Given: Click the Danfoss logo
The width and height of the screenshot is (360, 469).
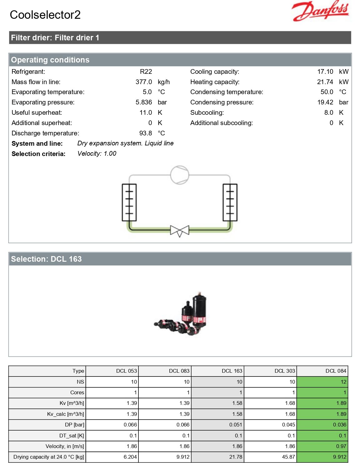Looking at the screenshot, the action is tap(320, 11).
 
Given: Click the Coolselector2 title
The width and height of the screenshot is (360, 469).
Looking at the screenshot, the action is tap(45, 15).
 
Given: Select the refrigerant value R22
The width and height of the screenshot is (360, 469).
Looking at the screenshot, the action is tap(146, 71).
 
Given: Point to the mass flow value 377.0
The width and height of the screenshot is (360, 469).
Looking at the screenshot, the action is tap(144, 82).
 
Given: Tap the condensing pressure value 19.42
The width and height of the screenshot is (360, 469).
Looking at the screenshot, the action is tap(325, 102).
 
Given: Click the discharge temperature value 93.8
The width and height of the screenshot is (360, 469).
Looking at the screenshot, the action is tap(146, 133).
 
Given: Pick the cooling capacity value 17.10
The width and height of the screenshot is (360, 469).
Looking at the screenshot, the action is tap(325, 71).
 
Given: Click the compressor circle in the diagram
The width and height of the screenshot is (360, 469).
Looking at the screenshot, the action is tap(180, 175).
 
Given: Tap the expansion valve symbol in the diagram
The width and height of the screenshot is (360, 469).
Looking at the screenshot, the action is tap(180, 231).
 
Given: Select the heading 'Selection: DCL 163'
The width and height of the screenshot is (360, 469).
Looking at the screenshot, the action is tap(46, 259).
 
